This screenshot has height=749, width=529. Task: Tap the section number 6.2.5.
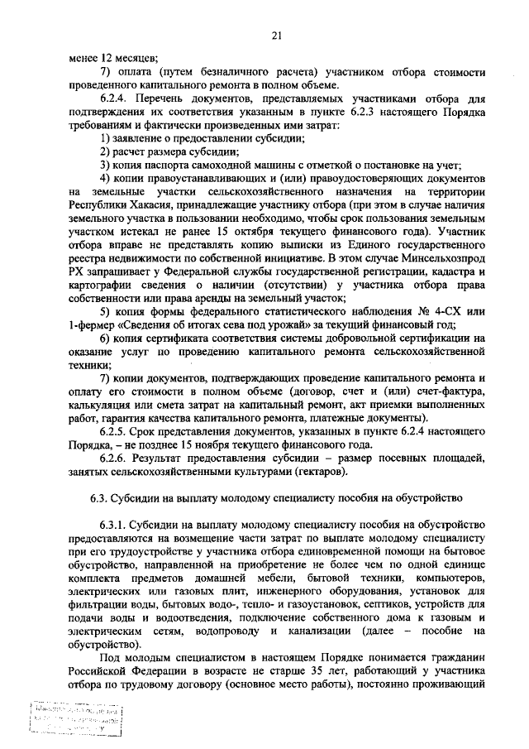tap(114, 430)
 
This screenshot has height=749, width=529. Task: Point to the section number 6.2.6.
tap(114, 459)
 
